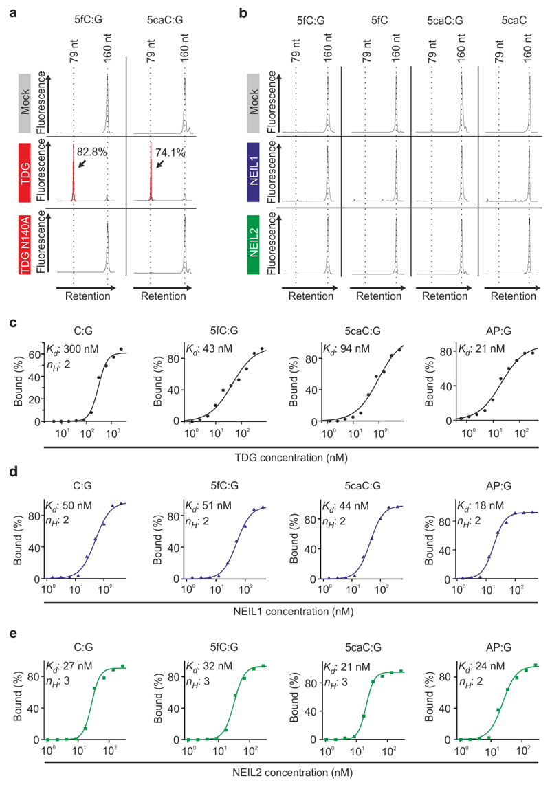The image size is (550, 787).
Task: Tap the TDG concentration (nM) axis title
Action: pyautogui.click(x=289, y=456)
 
